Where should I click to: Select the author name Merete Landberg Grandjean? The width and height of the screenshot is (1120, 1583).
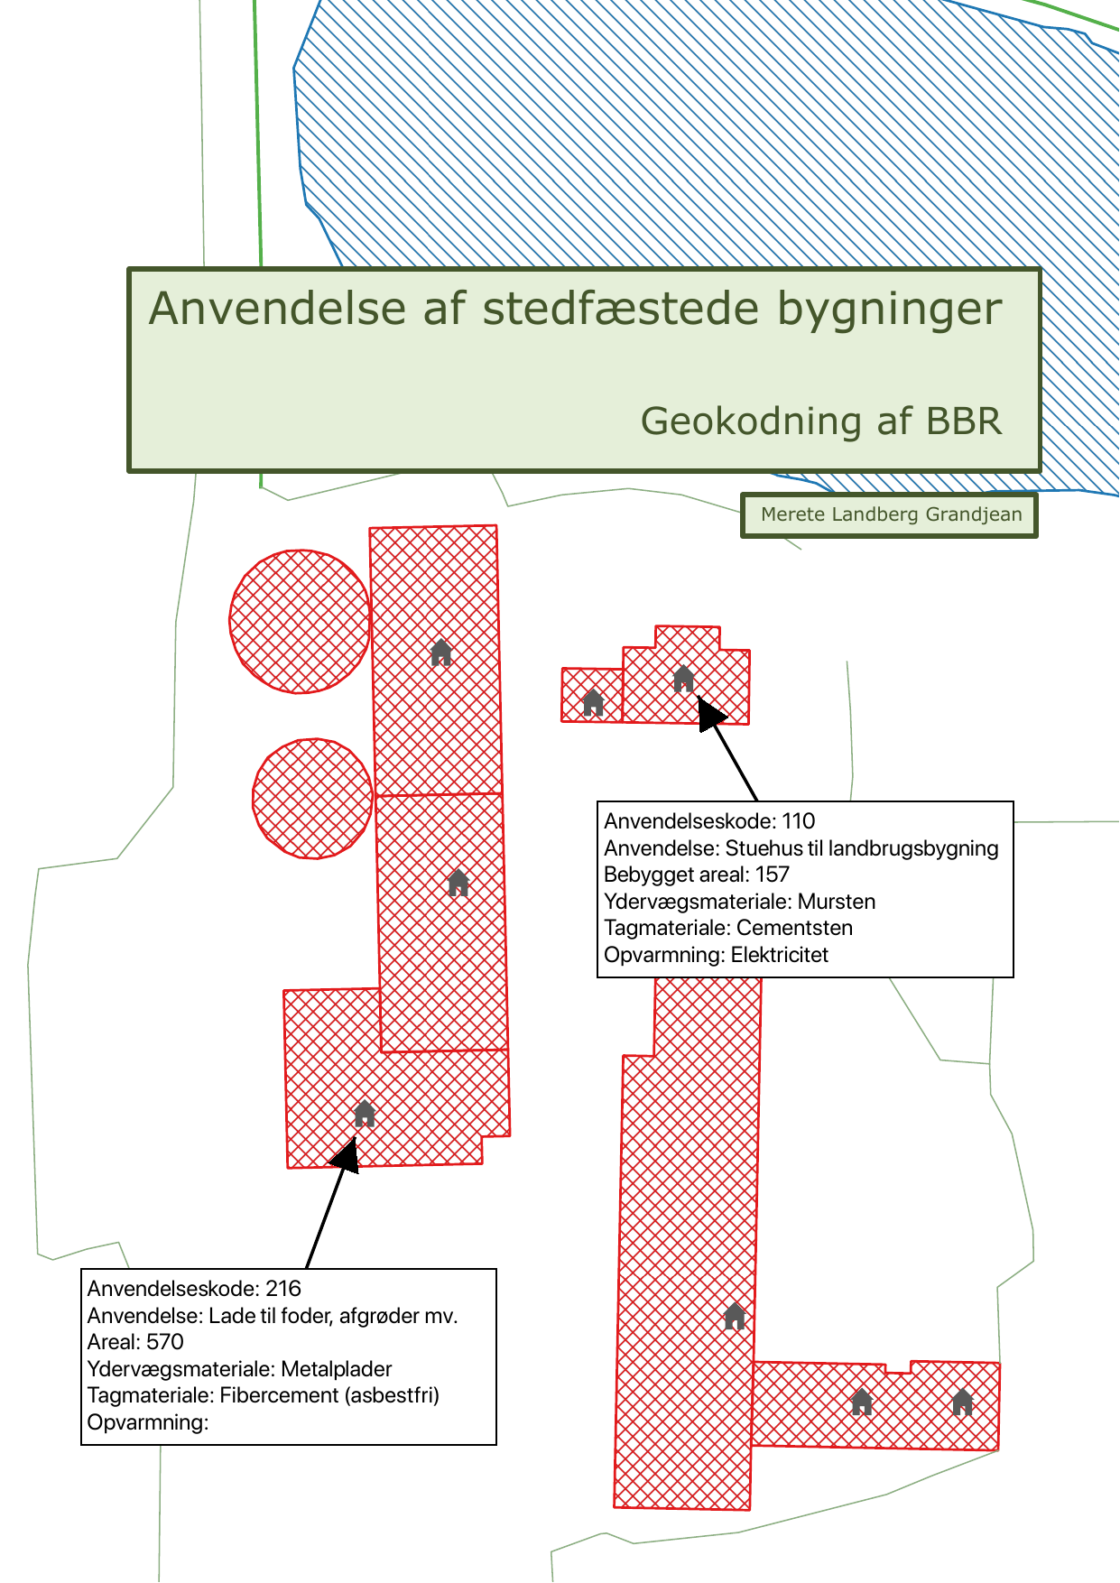tap(891, 514)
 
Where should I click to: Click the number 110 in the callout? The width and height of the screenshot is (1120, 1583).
tap(798, 821)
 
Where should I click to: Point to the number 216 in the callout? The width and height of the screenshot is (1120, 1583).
tap(283, 1289)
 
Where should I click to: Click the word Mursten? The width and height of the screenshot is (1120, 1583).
tap(837, 902)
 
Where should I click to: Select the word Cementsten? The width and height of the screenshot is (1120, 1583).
tap(794, 928)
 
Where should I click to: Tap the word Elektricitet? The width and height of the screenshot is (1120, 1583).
tap(779, 955)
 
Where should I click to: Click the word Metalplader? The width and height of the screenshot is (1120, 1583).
tap(337, 1369)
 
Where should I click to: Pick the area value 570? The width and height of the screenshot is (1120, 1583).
tap(164, 1342)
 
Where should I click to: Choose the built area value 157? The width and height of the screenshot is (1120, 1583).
tap(772, 875)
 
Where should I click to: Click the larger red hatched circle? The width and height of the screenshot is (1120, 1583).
tap(300, 621)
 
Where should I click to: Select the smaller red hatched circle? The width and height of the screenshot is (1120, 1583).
tap(312, 799)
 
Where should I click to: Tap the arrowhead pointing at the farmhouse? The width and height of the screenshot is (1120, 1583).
tap(710, 712)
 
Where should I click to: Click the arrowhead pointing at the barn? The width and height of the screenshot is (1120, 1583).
tap(347, 1154)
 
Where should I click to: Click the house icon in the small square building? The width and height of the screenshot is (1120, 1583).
tap(593, 702)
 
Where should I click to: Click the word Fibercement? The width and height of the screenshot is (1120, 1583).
tap(279, 1395)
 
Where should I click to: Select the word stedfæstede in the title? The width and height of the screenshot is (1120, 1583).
tap(621, 309)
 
